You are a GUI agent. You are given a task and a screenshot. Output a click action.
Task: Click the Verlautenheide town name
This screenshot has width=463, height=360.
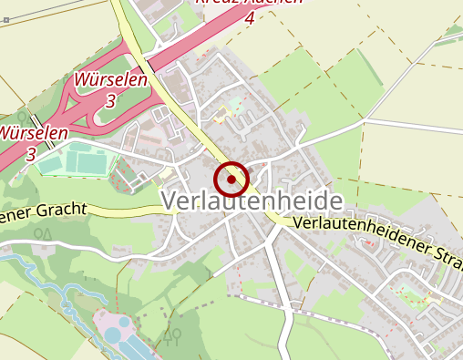(252, 201)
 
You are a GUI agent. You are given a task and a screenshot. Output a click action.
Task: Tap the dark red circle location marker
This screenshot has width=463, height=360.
(232, 179)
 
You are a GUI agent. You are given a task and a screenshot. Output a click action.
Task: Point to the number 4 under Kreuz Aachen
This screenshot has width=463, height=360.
(250, 17)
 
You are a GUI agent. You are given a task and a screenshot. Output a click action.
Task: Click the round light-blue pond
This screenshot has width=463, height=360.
(112, 334)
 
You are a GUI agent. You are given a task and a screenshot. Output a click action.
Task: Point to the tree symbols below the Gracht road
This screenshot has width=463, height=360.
(43, 234)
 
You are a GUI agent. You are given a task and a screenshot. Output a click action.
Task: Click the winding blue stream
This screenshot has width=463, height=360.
(55, 289)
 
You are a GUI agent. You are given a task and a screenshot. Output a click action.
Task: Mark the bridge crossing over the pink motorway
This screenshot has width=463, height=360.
(36, 121)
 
